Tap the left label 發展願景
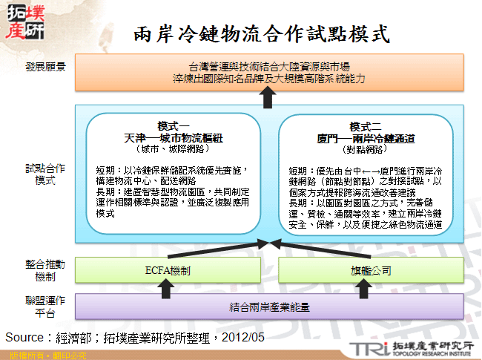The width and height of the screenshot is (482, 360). (x=45, y=66)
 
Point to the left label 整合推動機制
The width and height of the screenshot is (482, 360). (x=45, y=268)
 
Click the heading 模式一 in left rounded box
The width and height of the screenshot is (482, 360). (x=174, y=126)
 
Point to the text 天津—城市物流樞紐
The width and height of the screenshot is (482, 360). (x=174, y=137)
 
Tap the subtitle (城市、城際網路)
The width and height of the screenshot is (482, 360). (x=174, y=148)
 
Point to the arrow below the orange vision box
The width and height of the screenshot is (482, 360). (x=268, y=96)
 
